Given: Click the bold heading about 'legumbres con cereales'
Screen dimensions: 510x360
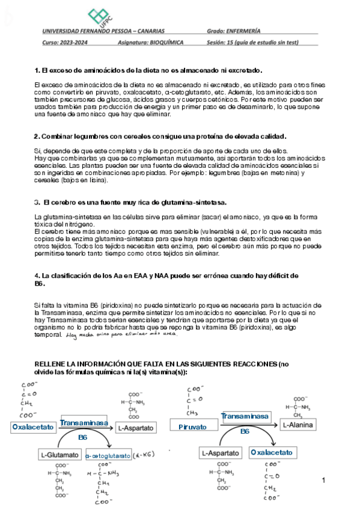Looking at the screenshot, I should coord(160,137).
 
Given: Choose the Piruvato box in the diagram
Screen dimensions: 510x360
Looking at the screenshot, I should coord(192,427).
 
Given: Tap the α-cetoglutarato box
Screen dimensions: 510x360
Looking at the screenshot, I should coord(108,455).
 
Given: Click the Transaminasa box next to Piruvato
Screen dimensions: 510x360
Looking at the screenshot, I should coord(244,416).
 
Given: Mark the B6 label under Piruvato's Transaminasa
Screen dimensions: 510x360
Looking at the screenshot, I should coord(245,431).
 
